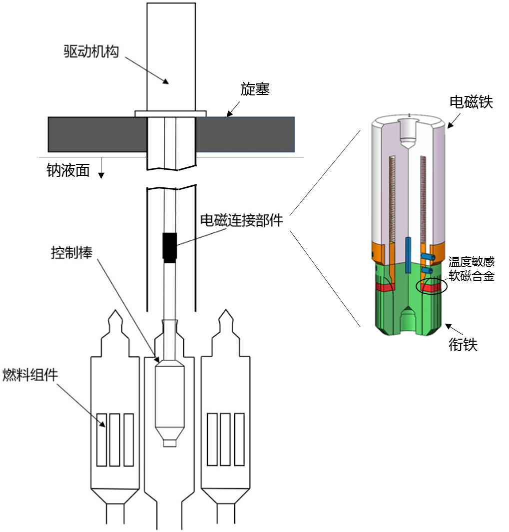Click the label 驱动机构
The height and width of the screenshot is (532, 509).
[91, 51]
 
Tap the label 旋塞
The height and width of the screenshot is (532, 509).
[255, 89]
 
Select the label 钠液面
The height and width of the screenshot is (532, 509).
[68, 170]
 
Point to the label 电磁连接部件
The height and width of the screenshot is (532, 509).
[241, 220]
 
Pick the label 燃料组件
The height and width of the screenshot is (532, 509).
[30, 375]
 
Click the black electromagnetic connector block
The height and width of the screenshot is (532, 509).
[170, 248]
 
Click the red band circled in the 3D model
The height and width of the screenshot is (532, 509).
[431, 287]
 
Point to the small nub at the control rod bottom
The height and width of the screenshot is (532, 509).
[170, 443]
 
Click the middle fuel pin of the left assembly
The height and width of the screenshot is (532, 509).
[115, 440]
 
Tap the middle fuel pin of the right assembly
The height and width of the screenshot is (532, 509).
[225, 440]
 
